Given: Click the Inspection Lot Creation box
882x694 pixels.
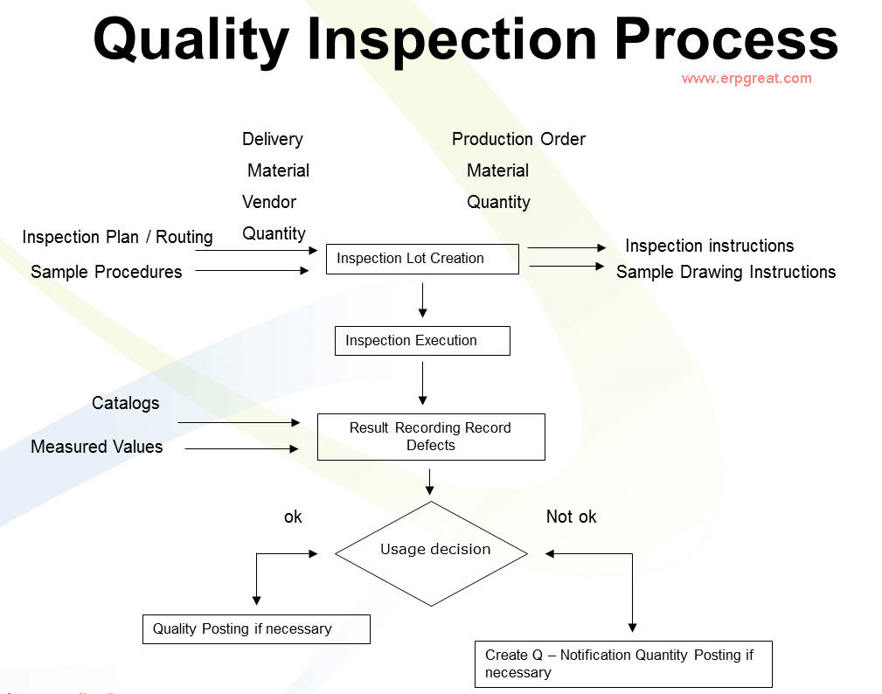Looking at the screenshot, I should pyautogui.click(x=422, y=259).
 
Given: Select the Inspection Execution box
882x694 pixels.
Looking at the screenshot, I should pyautogui.click(x=422, y=341).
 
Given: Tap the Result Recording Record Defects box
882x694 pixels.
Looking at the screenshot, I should pyautogui.click(x=431, y=437).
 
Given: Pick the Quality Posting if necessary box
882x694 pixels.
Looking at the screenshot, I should pyautogui.click(x=256, y=629).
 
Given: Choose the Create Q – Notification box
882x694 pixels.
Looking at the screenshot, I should pyautogui.click(x=624, y=664).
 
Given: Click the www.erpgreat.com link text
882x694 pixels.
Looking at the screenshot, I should pyautogui.click(x=747, y=79).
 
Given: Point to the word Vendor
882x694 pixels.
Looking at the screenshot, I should pyautogui.click(x=269, y=202).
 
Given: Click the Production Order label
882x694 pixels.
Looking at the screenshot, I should pyautogui.click(x=518, y=139).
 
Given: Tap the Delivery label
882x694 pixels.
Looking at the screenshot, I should pyautogui.click(x=273, y=139).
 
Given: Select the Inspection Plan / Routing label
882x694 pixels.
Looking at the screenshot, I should pyautogui.click(x=117, y=237).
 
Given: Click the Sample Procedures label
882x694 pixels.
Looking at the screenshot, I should pyautogui.click(x=107, y=272).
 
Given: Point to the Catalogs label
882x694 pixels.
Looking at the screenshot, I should pyautogui.click(x=126, y=403).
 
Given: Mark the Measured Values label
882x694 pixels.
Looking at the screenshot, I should pyautogui.click(x=97, y=447).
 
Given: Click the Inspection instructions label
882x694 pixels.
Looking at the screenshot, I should pyautogui.click(x=709, y=246).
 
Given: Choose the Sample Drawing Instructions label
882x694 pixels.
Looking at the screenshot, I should pyautogui.click(x=726, y=272).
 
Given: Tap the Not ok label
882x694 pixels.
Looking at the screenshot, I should pyautogui.click(x=571, y=517).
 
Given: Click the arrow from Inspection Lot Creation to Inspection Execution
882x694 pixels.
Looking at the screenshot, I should pyautogui.click(x=423, y=300).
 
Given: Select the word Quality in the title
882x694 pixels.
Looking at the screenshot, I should pyautogui.click(x=191, y=40).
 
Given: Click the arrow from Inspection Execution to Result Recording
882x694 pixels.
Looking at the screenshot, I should pyautogui.click(x=423, y=383).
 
